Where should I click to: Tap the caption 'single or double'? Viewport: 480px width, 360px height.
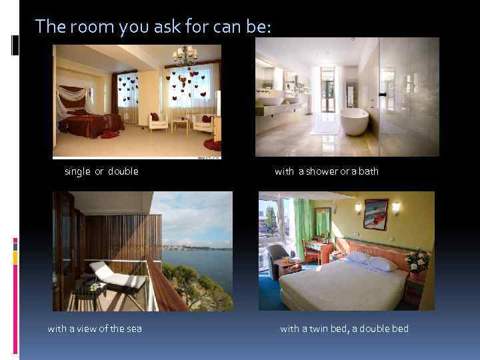click(x=101, y=171)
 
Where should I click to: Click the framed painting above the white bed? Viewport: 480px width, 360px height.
click(x=376, y=215)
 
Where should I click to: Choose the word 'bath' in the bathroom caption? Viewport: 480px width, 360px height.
click(x=369, y=171)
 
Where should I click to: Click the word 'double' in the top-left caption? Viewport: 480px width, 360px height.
click(x=123, y=171)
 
